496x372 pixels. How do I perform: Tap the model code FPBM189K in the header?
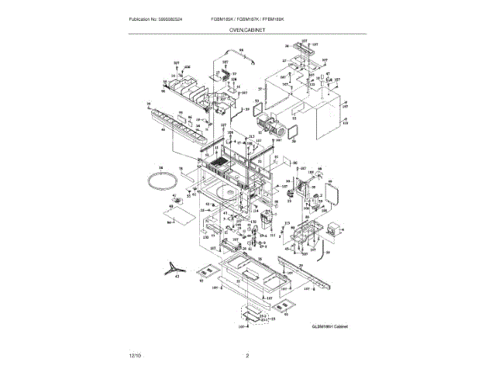(293, 19)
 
